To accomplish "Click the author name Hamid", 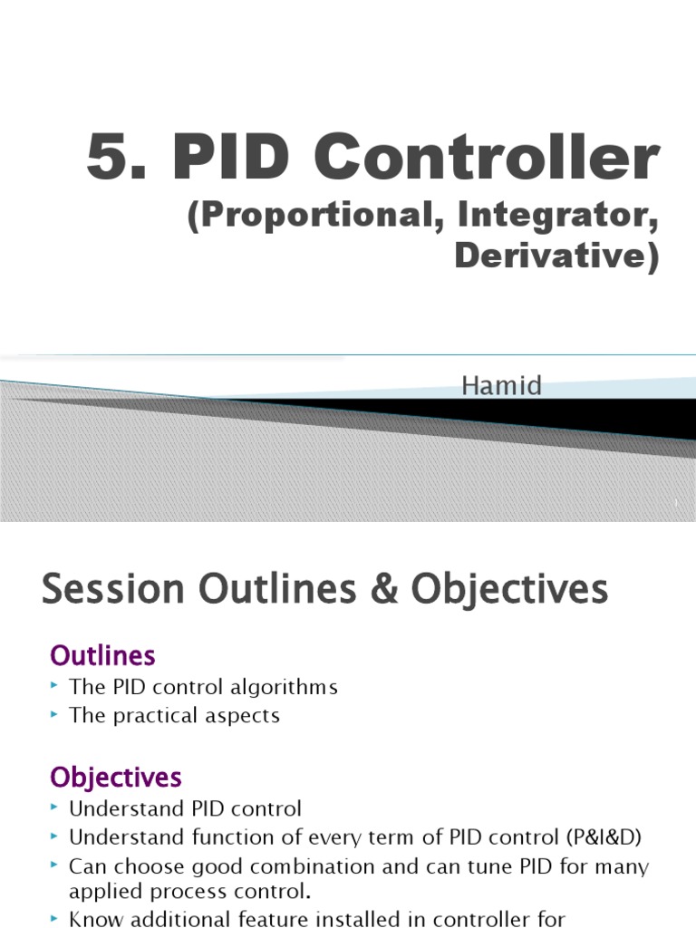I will [x=502, y=386].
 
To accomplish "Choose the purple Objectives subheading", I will [x=116, y=777].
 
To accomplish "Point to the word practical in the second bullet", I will [x=155, y=716].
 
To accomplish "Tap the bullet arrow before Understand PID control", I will [x=56, y=807].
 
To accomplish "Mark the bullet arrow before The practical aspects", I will [x=56, y=714].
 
